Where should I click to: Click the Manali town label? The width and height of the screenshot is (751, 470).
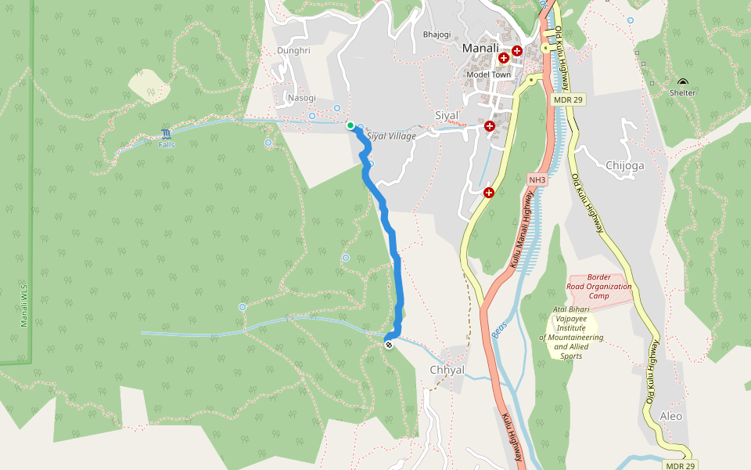point(480,49)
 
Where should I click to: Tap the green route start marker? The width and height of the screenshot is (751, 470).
point(350,125)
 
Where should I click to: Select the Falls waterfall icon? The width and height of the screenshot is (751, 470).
point(166,135)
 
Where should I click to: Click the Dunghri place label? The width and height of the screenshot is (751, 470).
point(294,51)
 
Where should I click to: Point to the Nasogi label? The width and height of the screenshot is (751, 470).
point(301,98)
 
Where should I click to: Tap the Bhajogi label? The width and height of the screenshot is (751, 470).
point(437,34)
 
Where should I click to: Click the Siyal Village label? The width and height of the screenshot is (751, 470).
point(391,136)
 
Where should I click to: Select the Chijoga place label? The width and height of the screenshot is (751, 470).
point(625,165)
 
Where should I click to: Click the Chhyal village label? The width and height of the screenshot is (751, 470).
point(447,370)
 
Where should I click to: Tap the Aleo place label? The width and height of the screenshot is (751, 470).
point(671,416)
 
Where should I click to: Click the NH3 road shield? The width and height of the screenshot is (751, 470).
point(537,180)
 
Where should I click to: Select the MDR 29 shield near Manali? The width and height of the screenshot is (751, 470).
point(569,99)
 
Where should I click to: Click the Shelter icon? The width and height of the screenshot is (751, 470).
point(683,83)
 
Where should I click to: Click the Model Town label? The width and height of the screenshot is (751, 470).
point(488,74)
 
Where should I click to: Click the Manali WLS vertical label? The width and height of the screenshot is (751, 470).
point(24,306)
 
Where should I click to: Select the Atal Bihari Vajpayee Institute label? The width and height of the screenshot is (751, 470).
point(571,333)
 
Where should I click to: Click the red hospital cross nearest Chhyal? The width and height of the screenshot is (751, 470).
point(489,193)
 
